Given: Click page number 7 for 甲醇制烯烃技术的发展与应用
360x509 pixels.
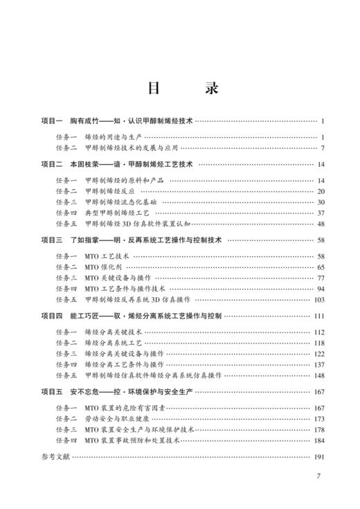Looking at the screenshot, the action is click(x=323, y=148).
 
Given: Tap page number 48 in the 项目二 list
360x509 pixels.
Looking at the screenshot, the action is click(x=321, y=224).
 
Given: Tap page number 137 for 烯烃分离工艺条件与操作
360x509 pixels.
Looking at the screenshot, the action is click(x=318, y=364).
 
